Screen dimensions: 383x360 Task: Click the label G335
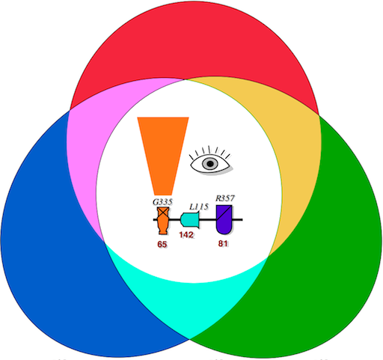coord(162,202)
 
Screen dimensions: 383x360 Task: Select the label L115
coord(199,207)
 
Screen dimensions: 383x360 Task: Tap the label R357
coord(225,198)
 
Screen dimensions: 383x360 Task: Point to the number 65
coord(162,244)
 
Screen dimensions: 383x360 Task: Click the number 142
coord(186,235)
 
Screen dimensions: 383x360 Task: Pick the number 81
coord(223,243)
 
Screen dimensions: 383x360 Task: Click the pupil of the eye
coord(210,164)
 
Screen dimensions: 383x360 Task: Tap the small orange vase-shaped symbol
coord(163,221)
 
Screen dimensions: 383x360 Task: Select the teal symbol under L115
coord(190,220)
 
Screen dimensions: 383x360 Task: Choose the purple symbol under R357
coord(224,219)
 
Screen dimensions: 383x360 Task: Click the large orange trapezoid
coord(163,156)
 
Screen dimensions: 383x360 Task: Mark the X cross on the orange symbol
coord(163,213)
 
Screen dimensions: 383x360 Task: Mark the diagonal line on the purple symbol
coord(224,213)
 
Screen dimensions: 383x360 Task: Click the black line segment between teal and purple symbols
coord(208,219)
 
